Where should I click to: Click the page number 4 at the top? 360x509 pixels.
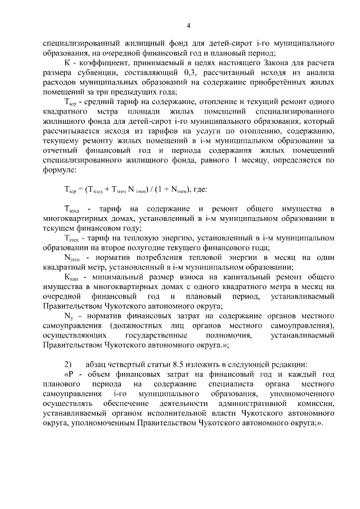(x=188, y=25)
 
